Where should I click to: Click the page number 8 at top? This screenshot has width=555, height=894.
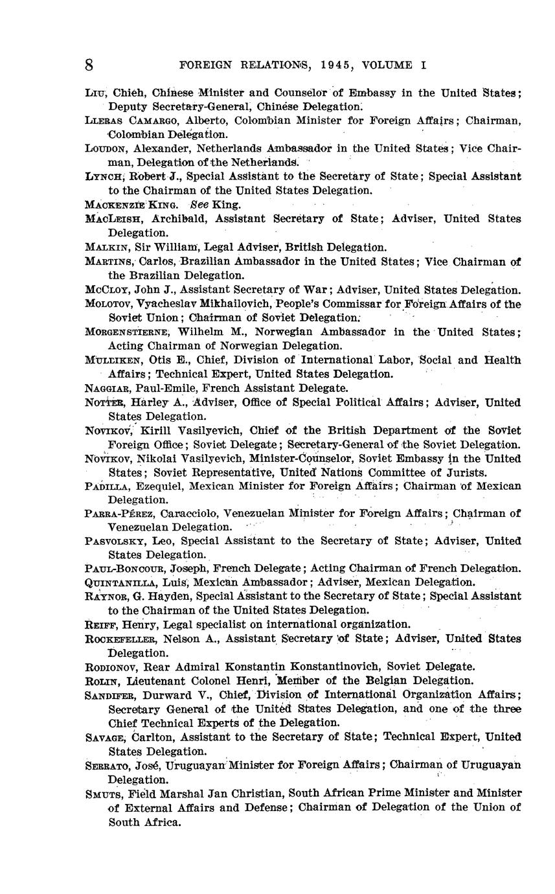(x=89, y=65)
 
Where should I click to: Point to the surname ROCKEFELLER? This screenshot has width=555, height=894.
(x=121, y=639)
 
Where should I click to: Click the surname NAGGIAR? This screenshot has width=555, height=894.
(x=108, y=389)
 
